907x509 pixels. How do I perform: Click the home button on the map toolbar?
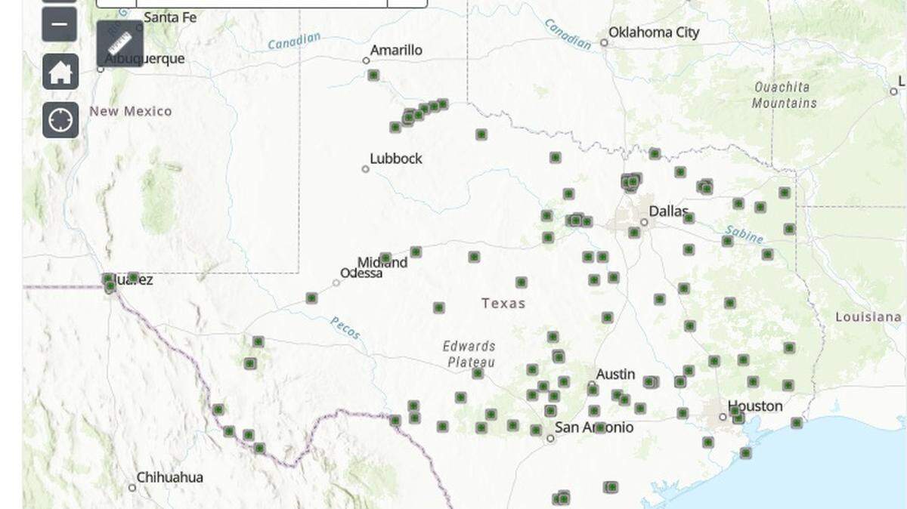click(x=60, y=72)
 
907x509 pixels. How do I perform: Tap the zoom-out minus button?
click(x=60, y=25)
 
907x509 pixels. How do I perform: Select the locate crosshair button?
click(x=60, y=120)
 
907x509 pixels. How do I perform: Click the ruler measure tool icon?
click(x=120, y=43)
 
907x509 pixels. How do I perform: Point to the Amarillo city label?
click(x=396, y=51)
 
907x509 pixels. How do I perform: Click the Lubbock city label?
click(x=396, y=159)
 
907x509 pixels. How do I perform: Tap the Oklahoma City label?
click(x=654, y=32)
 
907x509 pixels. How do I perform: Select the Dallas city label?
click(x=669, y=211)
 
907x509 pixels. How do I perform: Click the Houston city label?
click(x=755, y=406)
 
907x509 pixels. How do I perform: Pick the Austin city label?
click(x=615, y=375)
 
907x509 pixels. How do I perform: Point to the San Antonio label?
click(x=594, y=427)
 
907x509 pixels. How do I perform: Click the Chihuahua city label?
click(x=169, y=477)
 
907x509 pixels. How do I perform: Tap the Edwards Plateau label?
click(x=469, y=354)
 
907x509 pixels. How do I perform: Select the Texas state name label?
click(x=503, y=304)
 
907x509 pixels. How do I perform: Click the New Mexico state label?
click(x=131, y=111)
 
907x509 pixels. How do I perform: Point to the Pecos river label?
click(x=345, y=328)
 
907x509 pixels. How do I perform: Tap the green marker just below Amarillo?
click(x=373, y=75)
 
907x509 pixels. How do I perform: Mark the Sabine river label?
click(x=744, y=234)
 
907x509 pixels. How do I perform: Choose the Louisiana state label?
click(x=868, y=317)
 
